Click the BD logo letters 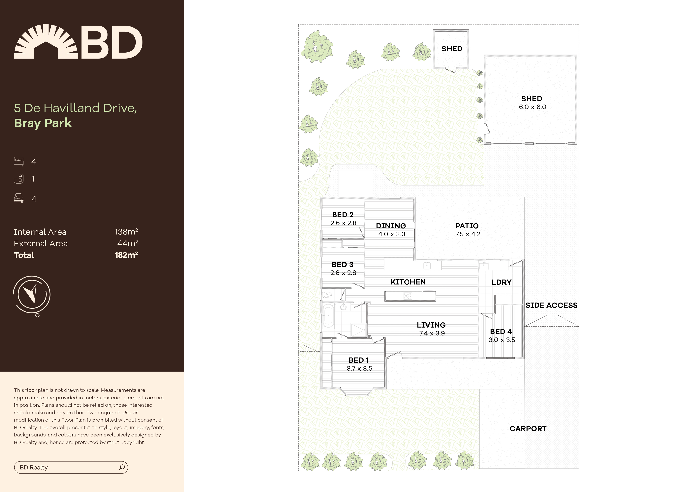[x=111, y=42]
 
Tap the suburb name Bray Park [x=43, y=123]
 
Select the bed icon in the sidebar [x=18, y=161]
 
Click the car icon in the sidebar [x=18, y=199]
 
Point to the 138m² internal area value [x=126, y=232]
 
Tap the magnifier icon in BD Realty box [x=122, y=467]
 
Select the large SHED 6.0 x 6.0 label [x=532, y=103]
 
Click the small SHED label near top [x=452, y=49]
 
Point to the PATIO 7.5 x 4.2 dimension [x=468, y=234]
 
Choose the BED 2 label [x=343, y=215]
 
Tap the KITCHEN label [x=408, y=282]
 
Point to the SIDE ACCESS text [x=551, y=305]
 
